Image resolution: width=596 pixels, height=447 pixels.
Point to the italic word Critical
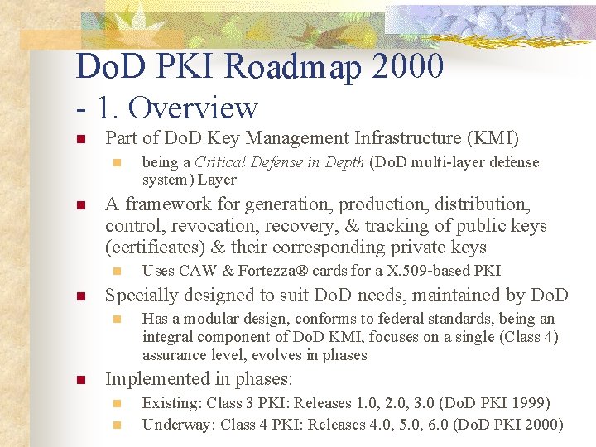click(220, 162)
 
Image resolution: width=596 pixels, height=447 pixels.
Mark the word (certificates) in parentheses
click(153, 248)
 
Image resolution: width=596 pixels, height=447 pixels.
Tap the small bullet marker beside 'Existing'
click(118, 404)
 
